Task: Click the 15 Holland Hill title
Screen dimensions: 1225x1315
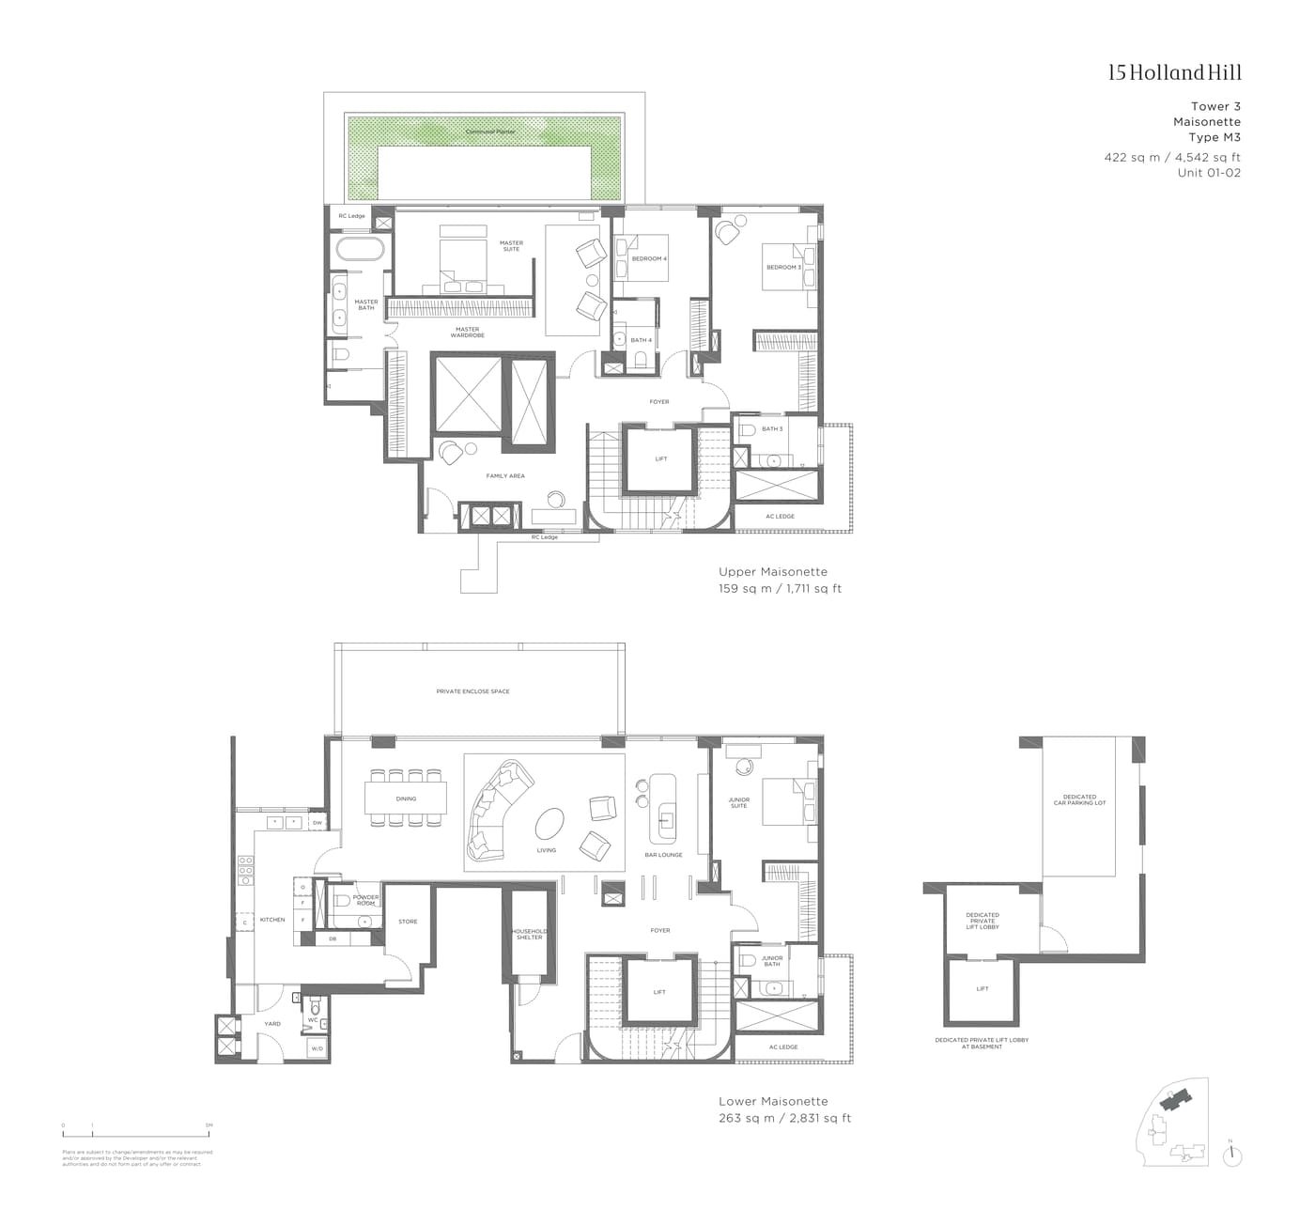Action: pyautogui.click(x=1174, y=73)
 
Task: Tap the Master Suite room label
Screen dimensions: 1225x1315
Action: pyautogui.click(x=511, y=246)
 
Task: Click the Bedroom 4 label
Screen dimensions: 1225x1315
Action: pyautogui.click(x=649, y=258)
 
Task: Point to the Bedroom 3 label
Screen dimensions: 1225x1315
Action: pyautogui.click(x=783, y=267)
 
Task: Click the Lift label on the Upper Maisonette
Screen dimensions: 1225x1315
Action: pyautogui.click(x=660, y=459)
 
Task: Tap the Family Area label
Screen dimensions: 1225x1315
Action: pyautogui.click(x=505, y=476)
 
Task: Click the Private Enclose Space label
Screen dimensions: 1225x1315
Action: pyautogui.click(x=473, y=691)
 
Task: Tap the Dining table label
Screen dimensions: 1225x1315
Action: pyautogui.click(x=406, y=799)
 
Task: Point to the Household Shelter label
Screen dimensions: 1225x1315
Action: pyautogui.click(x=529, y=935)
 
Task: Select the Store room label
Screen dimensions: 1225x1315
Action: pyautogui.click(x=408, y=922)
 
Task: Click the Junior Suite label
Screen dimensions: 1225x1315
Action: pyautogui.click(x=739, y=803)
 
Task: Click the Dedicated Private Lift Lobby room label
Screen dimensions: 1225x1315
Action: pyautogui.click(x=982, y=921)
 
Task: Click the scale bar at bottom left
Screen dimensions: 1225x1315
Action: pyautogui.click(x=135, y=1137)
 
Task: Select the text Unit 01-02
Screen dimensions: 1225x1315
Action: pyautogui.click(x=1209, y=173)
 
